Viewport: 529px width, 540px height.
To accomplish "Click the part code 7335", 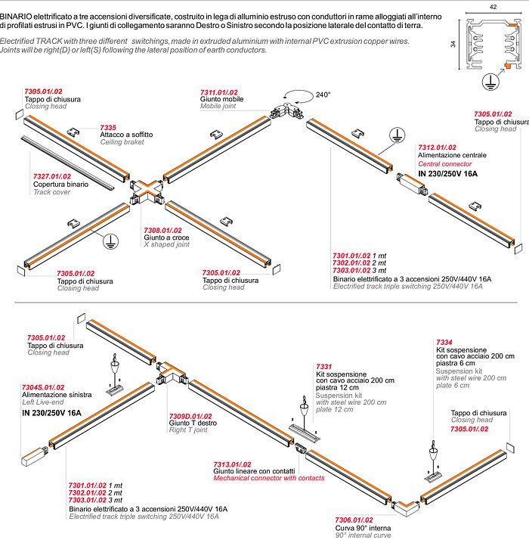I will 109,127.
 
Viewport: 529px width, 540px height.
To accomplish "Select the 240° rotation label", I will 323,95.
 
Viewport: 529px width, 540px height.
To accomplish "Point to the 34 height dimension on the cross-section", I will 455,43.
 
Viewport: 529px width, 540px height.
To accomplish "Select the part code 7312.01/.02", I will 437,147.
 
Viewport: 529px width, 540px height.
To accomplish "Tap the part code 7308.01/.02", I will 162,230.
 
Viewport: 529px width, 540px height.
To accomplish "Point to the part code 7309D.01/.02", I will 190,416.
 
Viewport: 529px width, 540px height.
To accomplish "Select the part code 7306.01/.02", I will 354,520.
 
